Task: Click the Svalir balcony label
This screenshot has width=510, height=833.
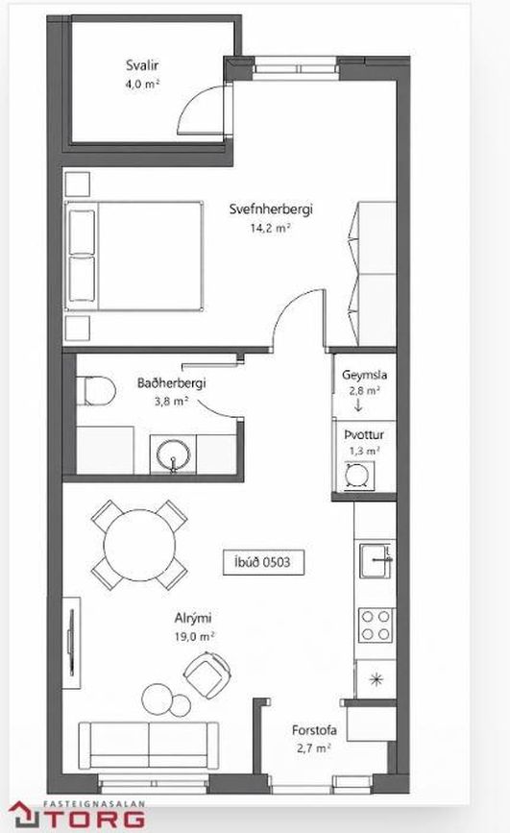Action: coord(142,65)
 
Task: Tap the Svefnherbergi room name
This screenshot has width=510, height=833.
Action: coord(271,208)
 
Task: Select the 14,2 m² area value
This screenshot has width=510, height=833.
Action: coord(271,228)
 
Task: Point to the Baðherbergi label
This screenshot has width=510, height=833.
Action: coord(171,382)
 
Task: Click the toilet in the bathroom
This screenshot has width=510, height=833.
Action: coord(96,391)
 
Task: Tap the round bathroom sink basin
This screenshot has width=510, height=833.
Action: coord(173,454)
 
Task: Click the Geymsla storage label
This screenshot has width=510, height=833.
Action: coord(364,375)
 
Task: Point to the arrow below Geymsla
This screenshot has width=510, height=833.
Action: coord(358,404)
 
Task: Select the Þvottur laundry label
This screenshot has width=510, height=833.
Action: coord(364,434)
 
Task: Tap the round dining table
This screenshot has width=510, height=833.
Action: coord(139,546)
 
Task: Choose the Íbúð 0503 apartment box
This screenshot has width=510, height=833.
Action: coord(263,562)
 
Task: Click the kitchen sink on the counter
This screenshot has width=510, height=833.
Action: coord(376,560)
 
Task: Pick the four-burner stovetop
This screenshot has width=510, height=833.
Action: coord(376,625)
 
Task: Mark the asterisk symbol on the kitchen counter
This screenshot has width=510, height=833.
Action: coord(376,678)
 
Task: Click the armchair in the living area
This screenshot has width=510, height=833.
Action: coord(206,674)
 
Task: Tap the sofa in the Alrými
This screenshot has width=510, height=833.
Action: coord(149,745)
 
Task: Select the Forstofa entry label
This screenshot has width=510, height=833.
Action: coord(314,730)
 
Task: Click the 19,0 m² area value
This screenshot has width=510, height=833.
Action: coord(194,636)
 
